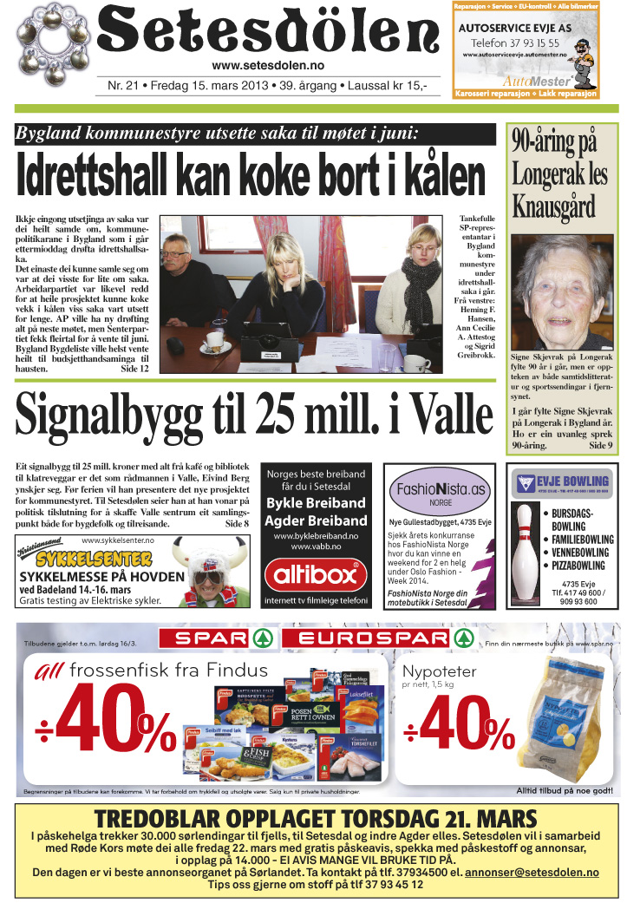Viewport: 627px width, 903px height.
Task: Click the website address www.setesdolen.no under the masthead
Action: coord(268,66)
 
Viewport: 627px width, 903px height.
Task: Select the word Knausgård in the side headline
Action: coord(554,208)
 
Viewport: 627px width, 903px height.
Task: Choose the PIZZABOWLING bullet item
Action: coord(580,565)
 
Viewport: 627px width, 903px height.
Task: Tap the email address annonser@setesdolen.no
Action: coord(532,872)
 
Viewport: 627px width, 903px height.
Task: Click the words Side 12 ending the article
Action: coord(134,369)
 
